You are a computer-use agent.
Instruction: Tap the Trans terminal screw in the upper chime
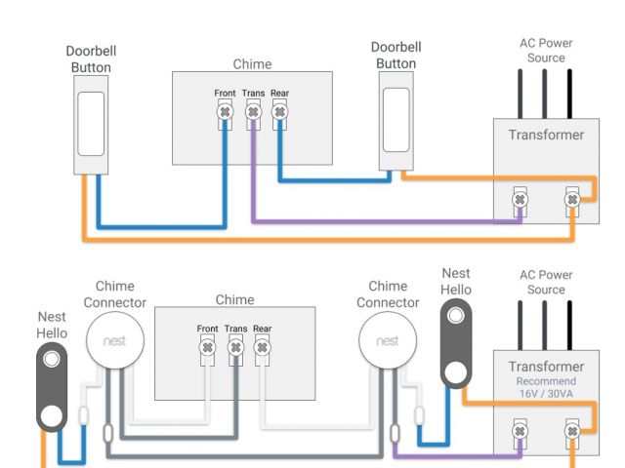(x=253, y=113)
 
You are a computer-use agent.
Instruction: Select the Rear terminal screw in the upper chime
(x=280, y=113)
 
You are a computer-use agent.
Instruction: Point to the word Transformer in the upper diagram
(x=545, y=136)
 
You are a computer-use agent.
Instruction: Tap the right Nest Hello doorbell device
(x=455, y=342)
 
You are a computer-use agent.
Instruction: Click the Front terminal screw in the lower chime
(x=207, y=347)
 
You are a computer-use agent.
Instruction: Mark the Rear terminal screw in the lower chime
(x=262, y=347)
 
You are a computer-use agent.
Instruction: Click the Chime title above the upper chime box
(x=252, y=64)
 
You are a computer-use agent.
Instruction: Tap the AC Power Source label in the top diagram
(x=545, y=51)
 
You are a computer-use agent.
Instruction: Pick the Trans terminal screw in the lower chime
(x=234, y=347)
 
